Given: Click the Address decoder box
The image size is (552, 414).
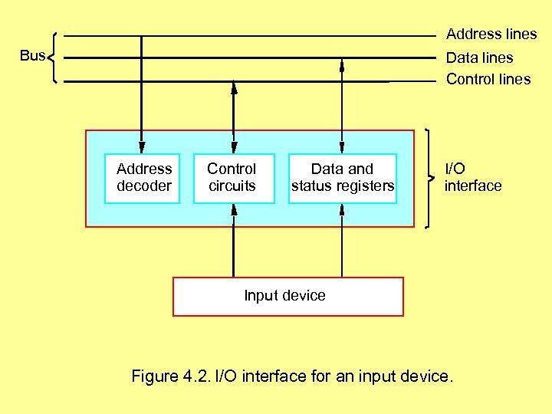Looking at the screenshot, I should [x=143, y=178].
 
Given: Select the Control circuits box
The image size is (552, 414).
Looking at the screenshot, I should [x=233, y=178].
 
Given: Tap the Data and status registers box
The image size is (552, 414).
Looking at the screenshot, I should [x=342, y=178].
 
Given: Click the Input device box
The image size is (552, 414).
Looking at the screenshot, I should [x=287, y=296].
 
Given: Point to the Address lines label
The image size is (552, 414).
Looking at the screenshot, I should [x=491, y=34].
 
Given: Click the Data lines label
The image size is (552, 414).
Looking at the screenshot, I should [x=479, y=58].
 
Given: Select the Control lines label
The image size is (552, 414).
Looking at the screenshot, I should [x=488, y=79].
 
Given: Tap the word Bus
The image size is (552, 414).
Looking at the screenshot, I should [x=31, y=55].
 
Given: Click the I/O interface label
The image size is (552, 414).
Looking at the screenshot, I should [x=473, y=177].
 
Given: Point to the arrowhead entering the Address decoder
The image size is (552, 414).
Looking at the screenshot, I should [x=141, y=146].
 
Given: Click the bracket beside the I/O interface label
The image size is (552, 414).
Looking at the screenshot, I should [x=429, y=178].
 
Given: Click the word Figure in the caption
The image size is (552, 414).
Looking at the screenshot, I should [x=155, y=376].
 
